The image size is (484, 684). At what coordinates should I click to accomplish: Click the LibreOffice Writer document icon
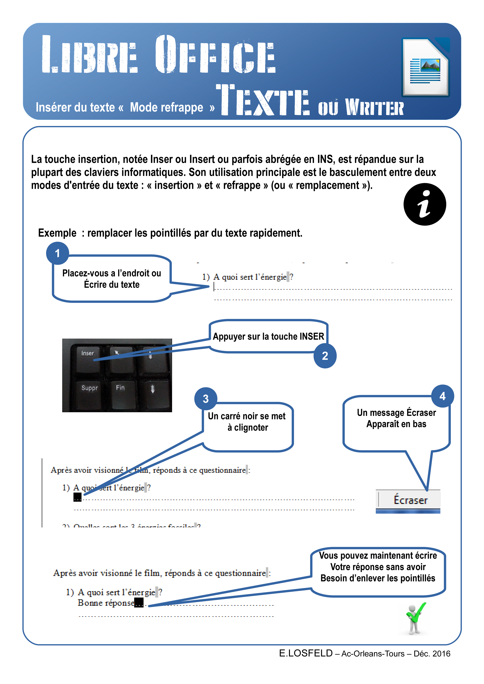click(x=426, y=67)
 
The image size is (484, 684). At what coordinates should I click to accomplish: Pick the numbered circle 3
click(x=205, y=399)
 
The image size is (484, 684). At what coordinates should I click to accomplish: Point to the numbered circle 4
click(x=443, y=396)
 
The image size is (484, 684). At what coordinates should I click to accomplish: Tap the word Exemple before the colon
click(x=57, y=233)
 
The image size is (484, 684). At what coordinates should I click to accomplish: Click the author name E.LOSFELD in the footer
click(x=306, y=653)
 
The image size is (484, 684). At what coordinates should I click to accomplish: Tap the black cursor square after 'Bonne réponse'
click(x=139, y=602)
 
